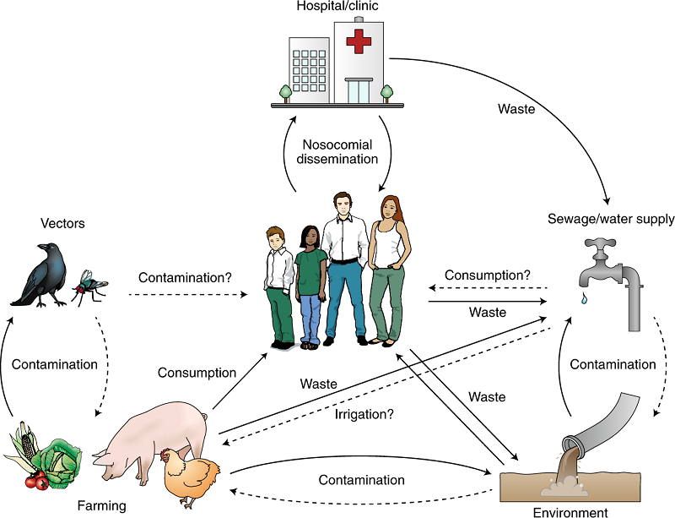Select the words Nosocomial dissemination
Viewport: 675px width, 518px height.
pos(338,150)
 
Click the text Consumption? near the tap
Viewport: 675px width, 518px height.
pos(488,275)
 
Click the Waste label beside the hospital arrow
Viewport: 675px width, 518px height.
pos(516,109)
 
